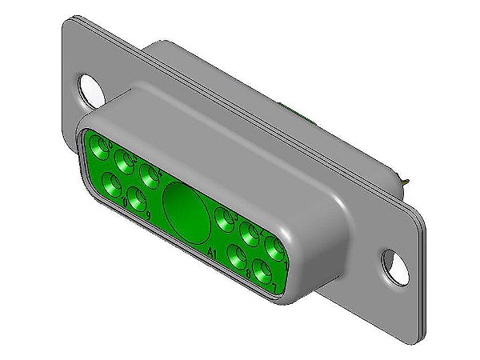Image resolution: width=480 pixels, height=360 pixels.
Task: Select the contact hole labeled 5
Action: click(x=125, y=161)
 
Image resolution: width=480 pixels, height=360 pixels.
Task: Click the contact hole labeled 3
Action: click(x=224, y=217)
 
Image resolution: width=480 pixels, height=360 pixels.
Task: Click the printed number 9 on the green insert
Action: click(x=149, y=215)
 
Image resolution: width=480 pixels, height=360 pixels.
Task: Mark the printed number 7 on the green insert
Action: click(x=274, y=287)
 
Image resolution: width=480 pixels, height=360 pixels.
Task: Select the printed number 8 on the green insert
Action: click(x=249, y=274)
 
